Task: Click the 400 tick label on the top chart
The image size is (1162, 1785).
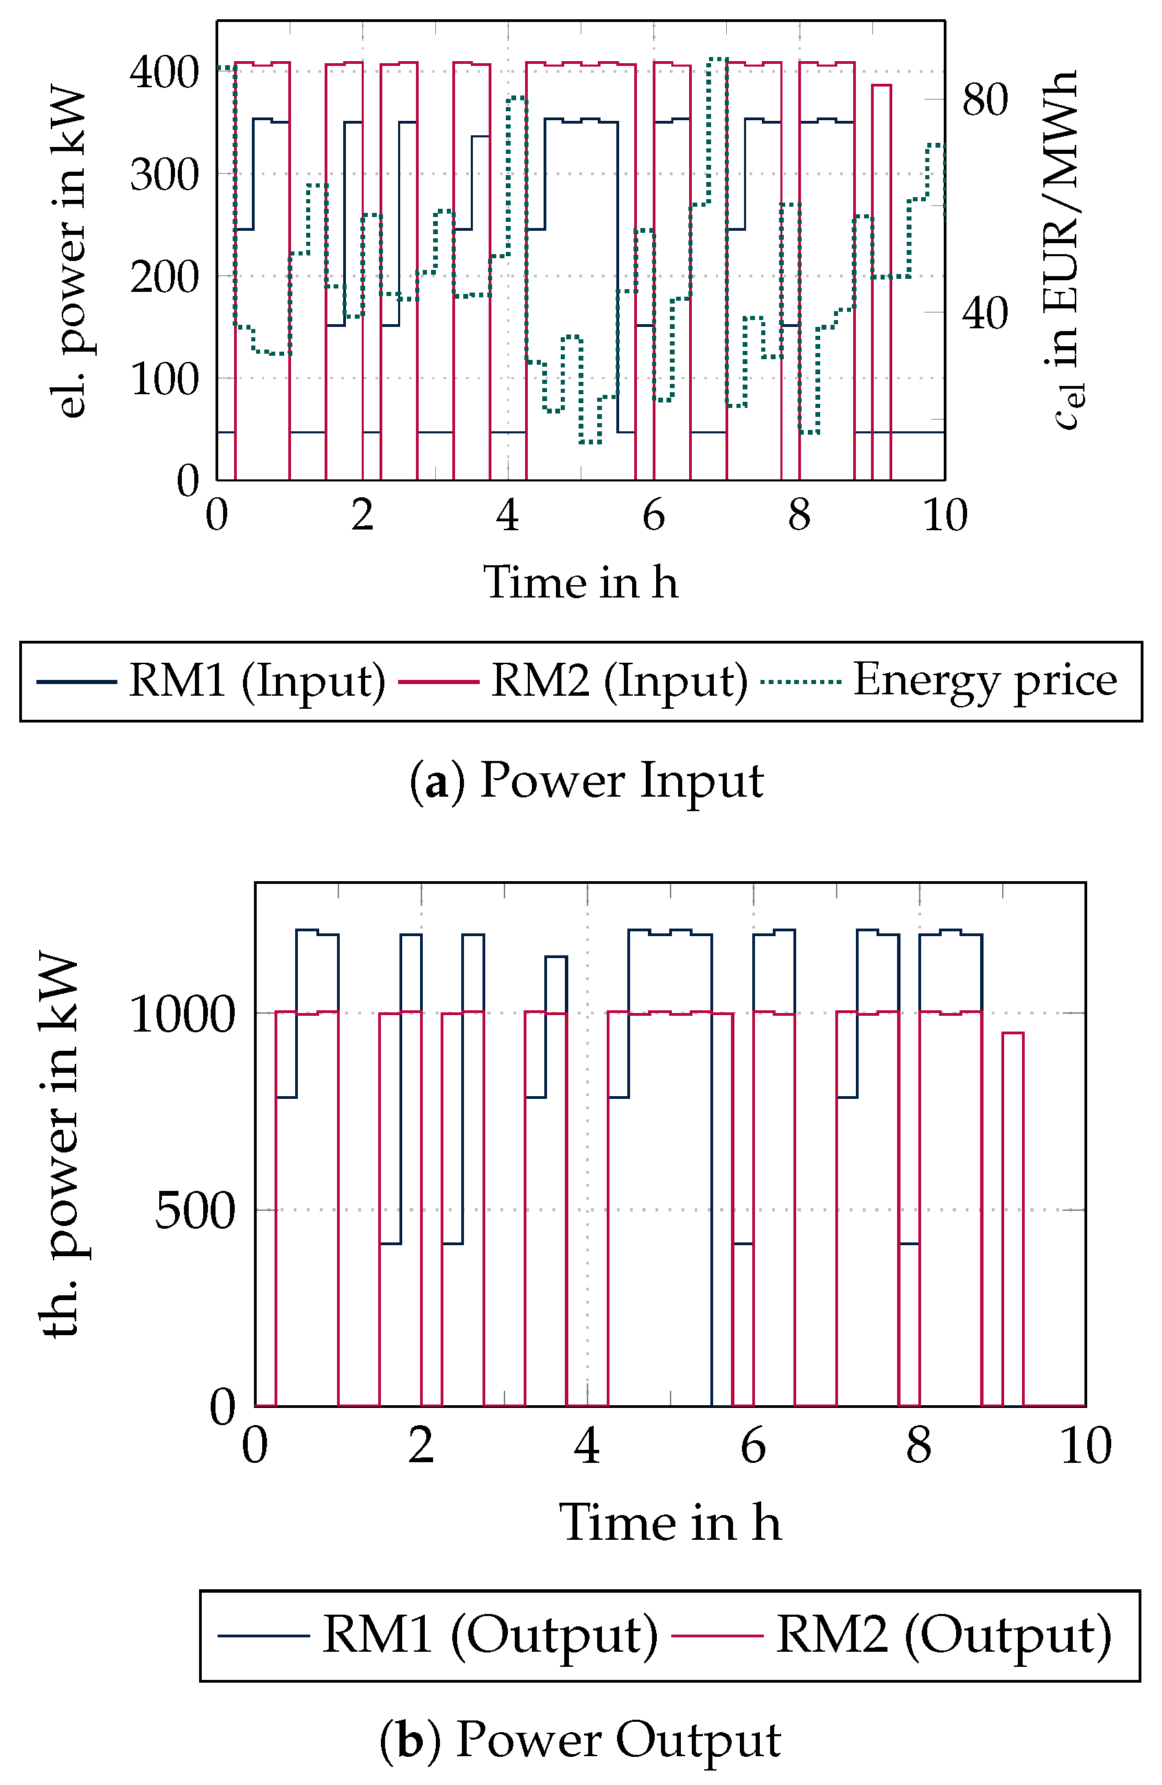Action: (x=164, y=73)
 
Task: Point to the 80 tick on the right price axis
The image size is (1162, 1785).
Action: (x=984, y=100)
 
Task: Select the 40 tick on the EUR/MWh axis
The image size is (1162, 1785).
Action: (x=984, y=313)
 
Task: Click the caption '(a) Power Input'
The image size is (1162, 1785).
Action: (x=586, y=780)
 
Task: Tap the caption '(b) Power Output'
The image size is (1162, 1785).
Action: (x=580, y=1739)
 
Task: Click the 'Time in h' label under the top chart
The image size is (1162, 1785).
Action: (x=580, y=582)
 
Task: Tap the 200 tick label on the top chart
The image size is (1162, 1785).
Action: (x=164, y=278)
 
